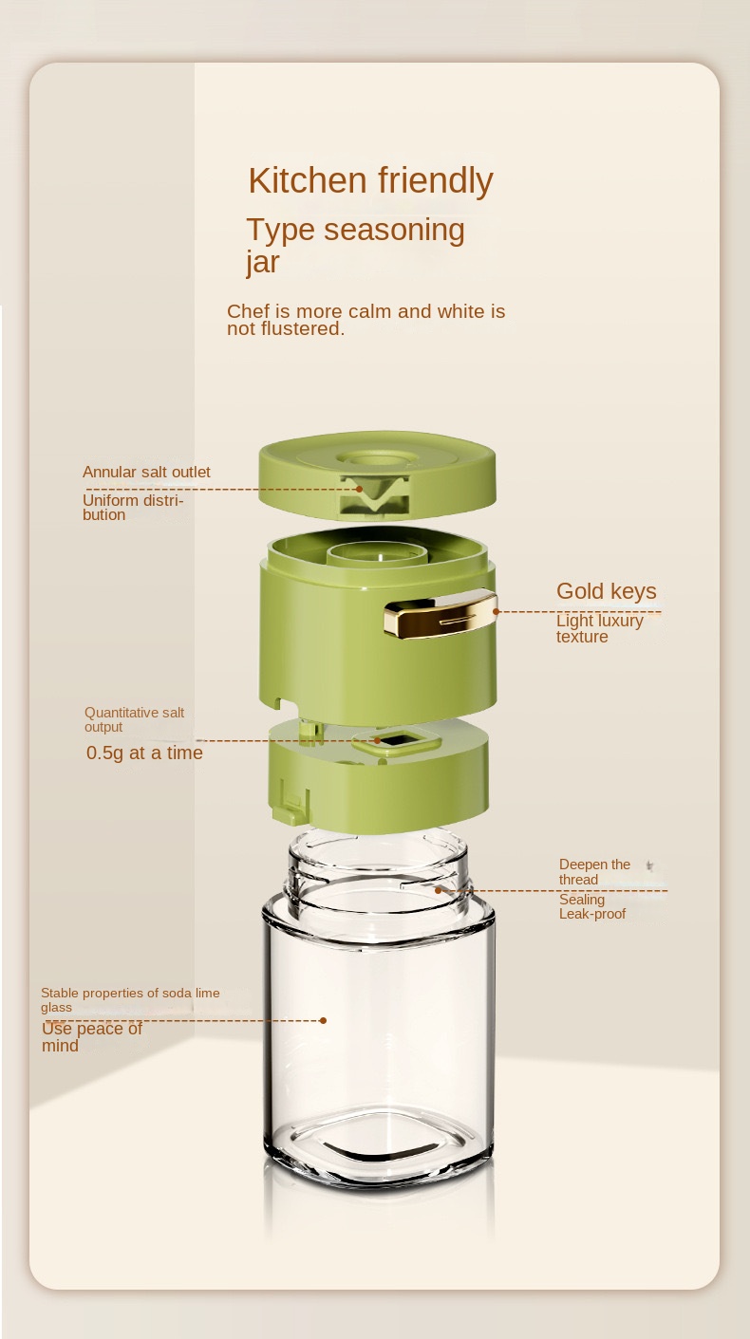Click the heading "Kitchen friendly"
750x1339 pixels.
[371, 180]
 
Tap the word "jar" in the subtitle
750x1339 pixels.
[263, 263]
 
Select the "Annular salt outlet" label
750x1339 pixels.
[146, 472]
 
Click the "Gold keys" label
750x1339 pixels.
[607, 590]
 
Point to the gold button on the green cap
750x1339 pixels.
[441, 614]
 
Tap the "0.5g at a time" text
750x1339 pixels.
[144, 753]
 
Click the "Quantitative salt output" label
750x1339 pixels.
[135, 719]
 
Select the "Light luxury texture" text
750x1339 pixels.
[600, 628]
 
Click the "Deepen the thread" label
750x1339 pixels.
[594, 871]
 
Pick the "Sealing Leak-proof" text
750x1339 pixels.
[592, 906]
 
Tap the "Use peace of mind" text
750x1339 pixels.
[92, 1036]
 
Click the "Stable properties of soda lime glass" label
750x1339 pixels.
[130, 999]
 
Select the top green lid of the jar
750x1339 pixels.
[378, 475]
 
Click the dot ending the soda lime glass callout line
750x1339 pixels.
[323, 1020]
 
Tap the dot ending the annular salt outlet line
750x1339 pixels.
[360, 489]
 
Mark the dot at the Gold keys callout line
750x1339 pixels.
[496, 611]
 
